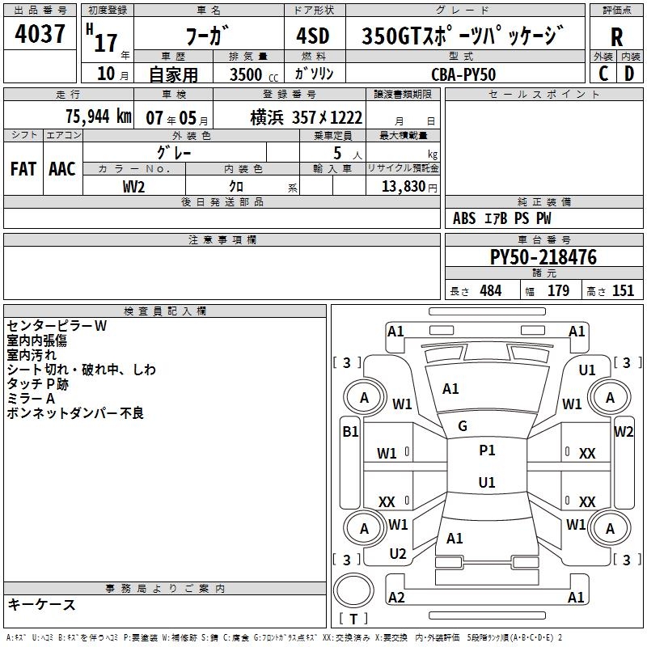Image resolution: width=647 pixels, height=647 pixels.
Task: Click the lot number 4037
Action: point(40,36)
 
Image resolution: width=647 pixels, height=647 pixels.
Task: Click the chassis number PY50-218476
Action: point(543,257)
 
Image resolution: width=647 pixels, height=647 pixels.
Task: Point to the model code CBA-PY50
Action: point(463,74)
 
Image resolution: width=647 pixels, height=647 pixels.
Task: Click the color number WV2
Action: point(134,186)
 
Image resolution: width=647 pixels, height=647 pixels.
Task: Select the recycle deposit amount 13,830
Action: point(403,186)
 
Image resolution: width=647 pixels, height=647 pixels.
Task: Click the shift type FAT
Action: point(23,168)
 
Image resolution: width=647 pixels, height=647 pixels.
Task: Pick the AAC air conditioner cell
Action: point(62,168)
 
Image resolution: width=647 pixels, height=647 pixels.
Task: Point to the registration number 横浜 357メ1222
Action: point(306,116)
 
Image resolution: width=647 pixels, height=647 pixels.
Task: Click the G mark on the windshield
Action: point(463,426)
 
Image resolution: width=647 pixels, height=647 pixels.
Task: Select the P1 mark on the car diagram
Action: point(487,450)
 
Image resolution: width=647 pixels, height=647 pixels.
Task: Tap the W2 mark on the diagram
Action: point(624,431)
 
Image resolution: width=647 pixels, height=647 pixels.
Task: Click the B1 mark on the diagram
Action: point(350,431)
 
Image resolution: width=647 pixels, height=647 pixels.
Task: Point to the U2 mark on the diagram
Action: point(398,554)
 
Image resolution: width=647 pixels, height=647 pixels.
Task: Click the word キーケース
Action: point(42,605)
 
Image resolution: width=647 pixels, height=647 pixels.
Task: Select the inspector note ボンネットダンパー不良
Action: point(74,413)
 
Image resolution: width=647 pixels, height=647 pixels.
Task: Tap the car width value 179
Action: point(558,291)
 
